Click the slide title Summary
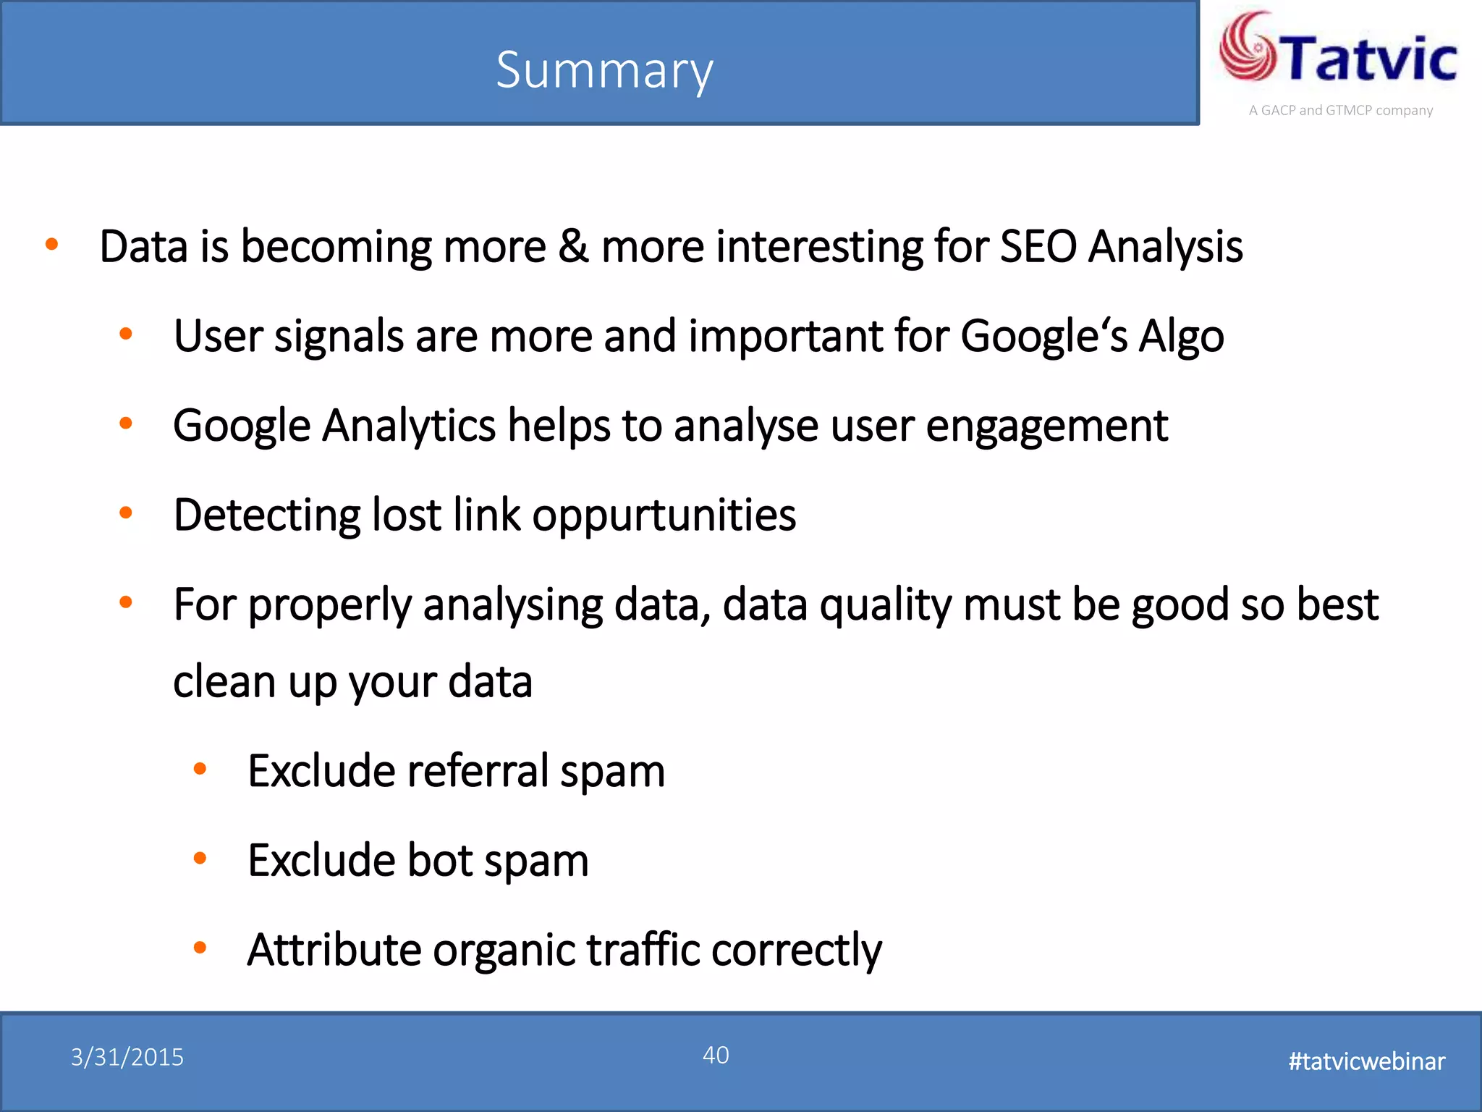(x=604, y=70)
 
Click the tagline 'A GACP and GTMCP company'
(x=1340, y=111)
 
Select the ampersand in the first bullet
(x=573, y=246)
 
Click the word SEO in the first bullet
(x=1038, y=246)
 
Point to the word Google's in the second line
(x=1043, y=337)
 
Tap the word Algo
(x=1181, y=337)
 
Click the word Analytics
(x=409, y=426)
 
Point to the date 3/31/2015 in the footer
(x=127, y=1058)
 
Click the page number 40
(x=716, y=1055)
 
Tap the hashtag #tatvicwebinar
(x=1366, y=1061)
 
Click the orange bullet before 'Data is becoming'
(x=51, y=245)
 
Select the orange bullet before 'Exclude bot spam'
(x=200, y=859)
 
